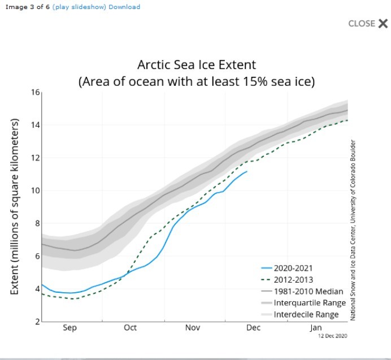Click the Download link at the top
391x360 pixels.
click(x=124, y=7)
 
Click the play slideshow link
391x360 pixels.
click(x=79, y=7)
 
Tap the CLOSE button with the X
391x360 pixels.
click(x=368, y=23)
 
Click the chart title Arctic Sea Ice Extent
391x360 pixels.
click(x=197, y=64)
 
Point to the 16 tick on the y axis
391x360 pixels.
click(x=35, y=93)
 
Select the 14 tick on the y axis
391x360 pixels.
click(x=35, y=125)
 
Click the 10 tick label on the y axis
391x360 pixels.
click(x=35, y=190)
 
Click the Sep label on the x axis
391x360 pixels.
click(x=69, y=328)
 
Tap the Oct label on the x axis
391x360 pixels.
click(x=130, y=328)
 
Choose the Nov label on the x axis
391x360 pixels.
click(x=193, y=328)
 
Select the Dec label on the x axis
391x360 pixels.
click(x=253, y=328)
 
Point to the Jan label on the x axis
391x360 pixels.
click(x=315, y=328)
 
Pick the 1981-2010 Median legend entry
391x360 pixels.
click(x=309, y=292)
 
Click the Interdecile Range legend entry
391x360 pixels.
click(x=306, y=314)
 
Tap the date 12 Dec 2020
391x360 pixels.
click(x=332, y=336)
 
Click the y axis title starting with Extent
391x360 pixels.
click(x=15, y=206)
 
